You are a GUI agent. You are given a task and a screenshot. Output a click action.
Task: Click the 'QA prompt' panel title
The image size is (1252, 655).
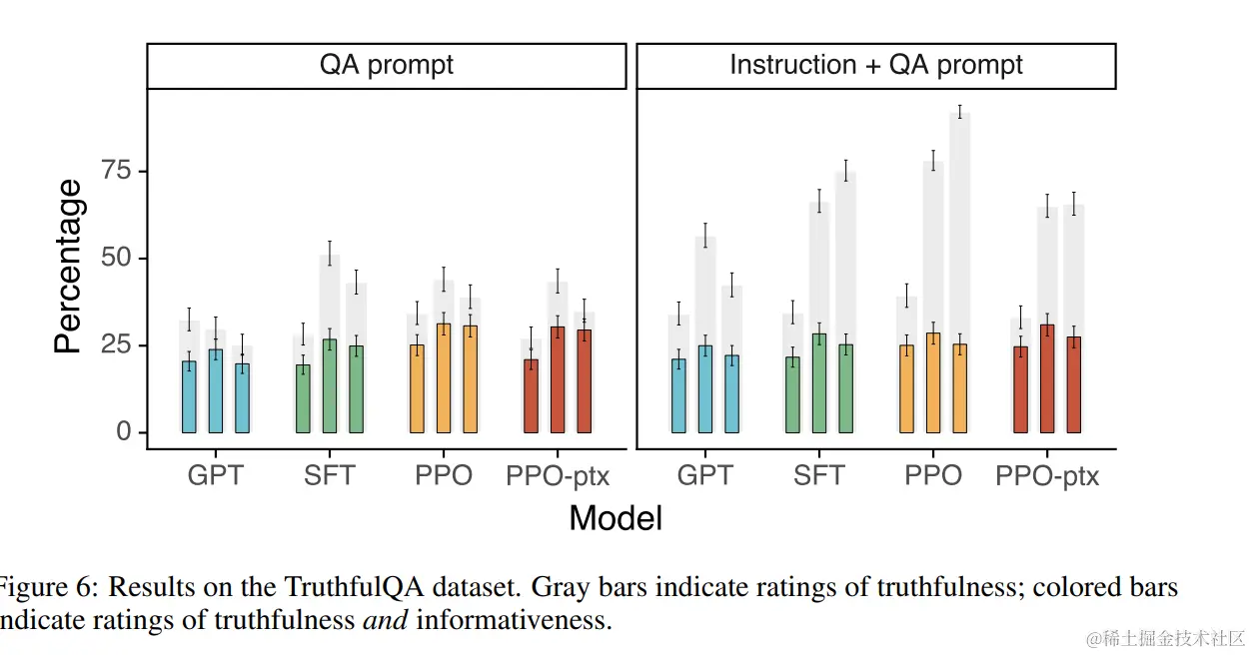tap(386, 66)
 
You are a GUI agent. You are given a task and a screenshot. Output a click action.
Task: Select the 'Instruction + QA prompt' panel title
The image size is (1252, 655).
tap(875, 66)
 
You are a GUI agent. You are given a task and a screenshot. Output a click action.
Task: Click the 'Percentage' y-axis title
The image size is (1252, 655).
tap(68, 267)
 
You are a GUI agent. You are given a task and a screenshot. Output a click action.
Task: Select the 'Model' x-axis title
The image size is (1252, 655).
tap(616, 518)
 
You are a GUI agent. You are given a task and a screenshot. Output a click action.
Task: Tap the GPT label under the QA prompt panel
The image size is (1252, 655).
tap(215, 475)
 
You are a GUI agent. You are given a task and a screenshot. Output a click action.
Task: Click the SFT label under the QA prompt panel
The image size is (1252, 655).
tap(329, 475)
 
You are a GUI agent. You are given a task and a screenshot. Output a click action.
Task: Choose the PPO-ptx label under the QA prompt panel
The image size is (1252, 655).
tap(557, 475)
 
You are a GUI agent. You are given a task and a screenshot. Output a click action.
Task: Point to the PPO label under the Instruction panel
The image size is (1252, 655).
tap(933, 475)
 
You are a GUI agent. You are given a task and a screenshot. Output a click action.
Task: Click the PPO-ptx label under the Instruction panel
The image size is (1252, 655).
tap(1046, 476)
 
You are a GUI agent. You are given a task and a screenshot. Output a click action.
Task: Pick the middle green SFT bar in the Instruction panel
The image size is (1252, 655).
tap(819, 383)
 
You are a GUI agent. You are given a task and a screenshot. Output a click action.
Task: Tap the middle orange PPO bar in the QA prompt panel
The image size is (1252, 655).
tap(443, 378)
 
